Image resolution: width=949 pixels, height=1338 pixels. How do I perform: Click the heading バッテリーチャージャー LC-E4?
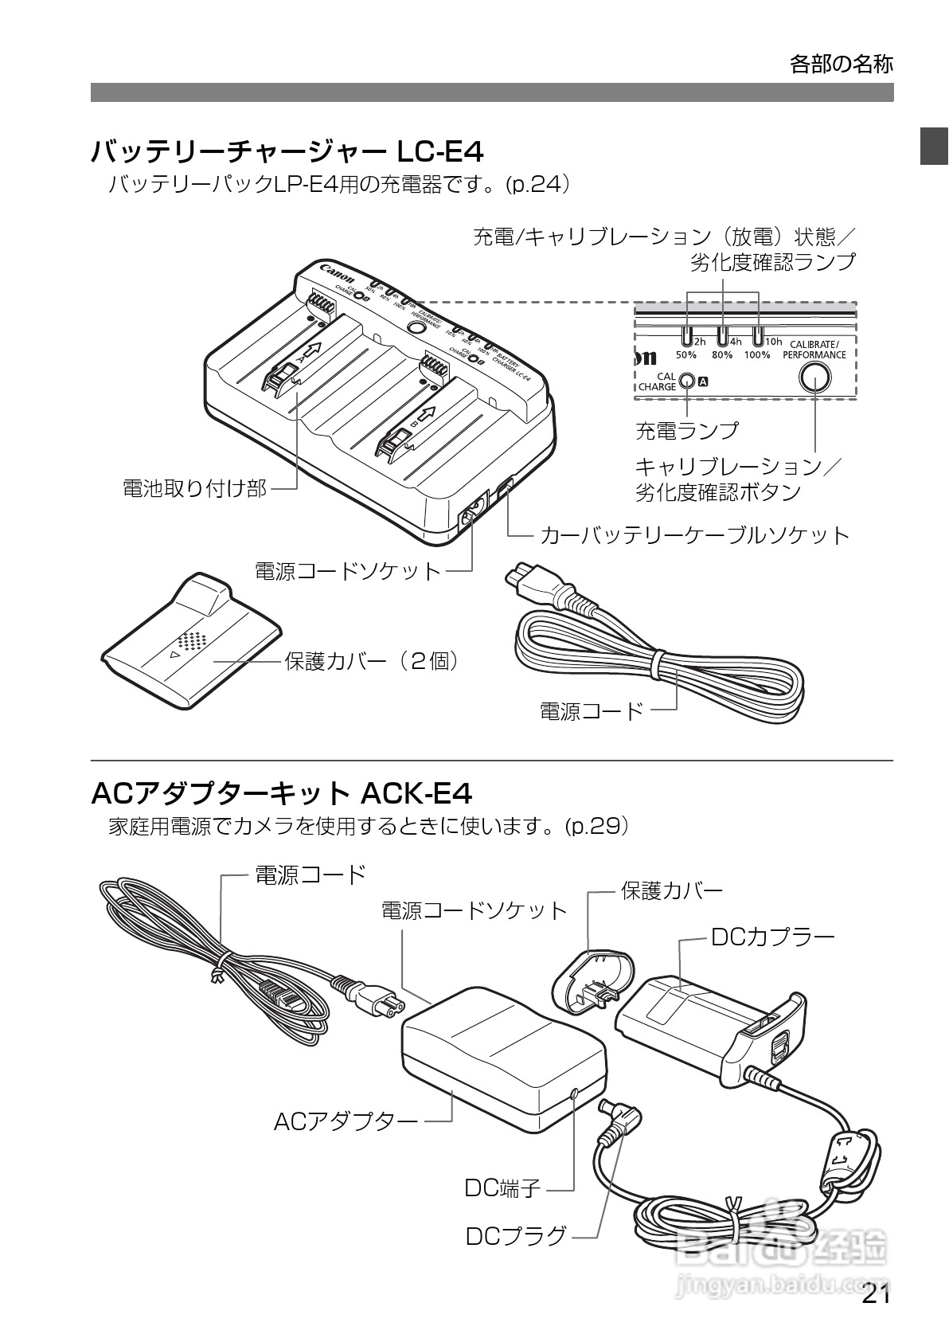tap(287, 151)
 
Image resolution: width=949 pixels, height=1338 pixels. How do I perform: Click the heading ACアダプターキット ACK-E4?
tap(282, 793)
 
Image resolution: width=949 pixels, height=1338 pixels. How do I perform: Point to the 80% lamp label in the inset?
tap(721, 354)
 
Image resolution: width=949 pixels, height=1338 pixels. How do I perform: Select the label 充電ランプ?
tap(686, 431)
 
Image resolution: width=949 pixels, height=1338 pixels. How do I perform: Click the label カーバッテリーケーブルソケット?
tap(695, 534)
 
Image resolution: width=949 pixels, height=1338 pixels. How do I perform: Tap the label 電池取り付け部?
tap(194, 488)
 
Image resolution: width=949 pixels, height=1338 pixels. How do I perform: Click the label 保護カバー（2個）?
tap(373, 661)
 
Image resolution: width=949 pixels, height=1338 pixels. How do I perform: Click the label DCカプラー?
tap(772, 937)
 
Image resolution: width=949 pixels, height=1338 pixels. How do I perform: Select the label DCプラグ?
tap(516, 1236)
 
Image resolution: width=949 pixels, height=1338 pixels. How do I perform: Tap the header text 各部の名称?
tap(841, 64)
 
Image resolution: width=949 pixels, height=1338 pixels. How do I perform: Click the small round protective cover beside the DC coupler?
tap(595, 982)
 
